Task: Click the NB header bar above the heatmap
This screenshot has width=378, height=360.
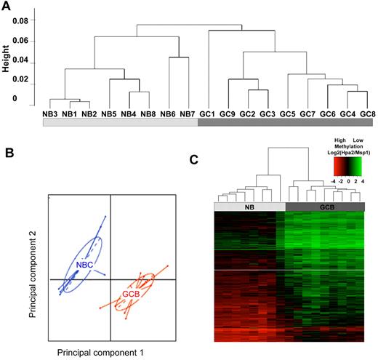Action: point(249,207)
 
